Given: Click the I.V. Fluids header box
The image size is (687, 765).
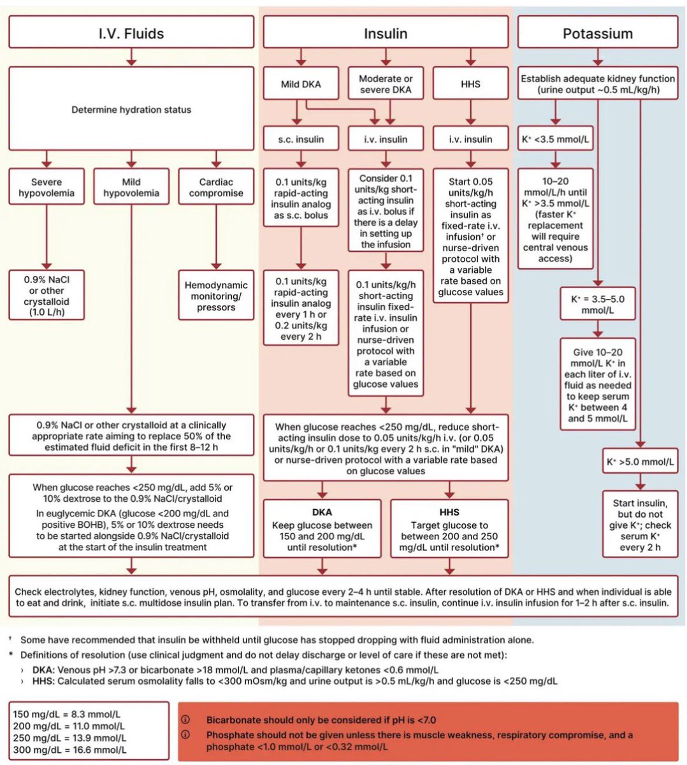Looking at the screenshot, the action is pyautogui.click(x=131, y=32).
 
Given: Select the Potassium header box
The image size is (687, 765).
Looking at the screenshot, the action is pyautogui.click(x=598, y=32).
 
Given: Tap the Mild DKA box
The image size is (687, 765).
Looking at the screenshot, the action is pyautogui.click(x=301, y=84).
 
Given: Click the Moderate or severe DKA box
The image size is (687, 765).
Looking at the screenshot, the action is pyautogui.click(x=386, y=84).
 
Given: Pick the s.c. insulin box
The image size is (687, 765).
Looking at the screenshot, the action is pyautogui.click(x=301, y=139).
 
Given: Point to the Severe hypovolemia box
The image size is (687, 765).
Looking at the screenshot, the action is pyautogui.click(x=47, y=187).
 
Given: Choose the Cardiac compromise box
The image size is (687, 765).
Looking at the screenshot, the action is pyautogui.click(x=216, y=187).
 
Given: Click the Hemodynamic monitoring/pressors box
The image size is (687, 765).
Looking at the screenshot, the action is pyautogui.click(x=216, y=295).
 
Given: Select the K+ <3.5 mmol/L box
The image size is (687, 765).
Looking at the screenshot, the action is pyautogui.click(x=555, y=138).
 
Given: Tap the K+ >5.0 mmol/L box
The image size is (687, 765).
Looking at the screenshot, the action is pyautogui.click(x=640, y=462).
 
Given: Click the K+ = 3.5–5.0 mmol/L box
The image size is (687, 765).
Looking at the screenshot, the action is pyautogui.click(x=598, y=304).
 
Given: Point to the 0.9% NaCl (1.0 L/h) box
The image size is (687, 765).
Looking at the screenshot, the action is pyautogui.click(x=47, y=295).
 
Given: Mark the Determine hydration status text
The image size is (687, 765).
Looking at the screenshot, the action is pyautogui.click(x=131, y=110).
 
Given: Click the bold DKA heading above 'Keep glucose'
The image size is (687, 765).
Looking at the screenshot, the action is pyautogui.click(x=322, y=512).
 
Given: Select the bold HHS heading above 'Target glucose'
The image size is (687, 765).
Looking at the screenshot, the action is pyautogui.click(x=449, y=512).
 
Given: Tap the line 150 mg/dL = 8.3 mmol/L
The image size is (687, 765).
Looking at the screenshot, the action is pyautogui.click(x=67, y=714).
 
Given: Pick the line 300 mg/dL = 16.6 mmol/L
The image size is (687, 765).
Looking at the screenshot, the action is pyautogui.click(x=70, y=750).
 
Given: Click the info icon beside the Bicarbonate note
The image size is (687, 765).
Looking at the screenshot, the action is pyautogui.click(x=185, y=719).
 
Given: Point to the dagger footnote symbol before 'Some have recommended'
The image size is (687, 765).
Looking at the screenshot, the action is pyautogui.click(x=10, y=638).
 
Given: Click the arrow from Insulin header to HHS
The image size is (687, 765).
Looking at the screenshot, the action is pyautogui.click(x=470, y=57).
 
